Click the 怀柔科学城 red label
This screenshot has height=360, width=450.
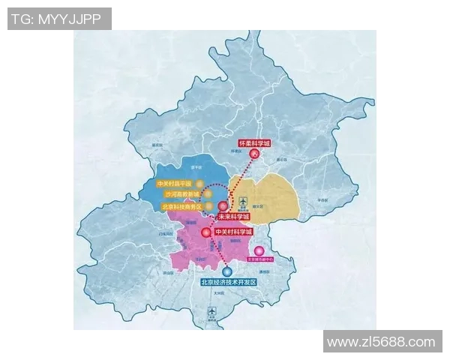(x=253, y=142)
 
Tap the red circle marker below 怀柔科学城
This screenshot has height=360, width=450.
(x=254, y=155)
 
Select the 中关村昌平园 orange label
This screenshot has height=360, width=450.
(x=174, y=183)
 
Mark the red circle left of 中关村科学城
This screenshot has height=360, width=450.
(x=205, y=232)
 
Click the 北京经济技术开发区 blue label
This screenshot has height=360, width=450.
(x=229, y=282)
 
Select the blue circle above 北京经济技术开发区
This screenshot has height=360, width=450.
(x=226, y=270)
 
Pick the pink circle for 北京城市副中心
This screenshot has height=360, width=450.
(x=259, y=251)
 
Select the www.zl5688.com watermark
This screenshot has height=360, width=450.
(x=382, y=342)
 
